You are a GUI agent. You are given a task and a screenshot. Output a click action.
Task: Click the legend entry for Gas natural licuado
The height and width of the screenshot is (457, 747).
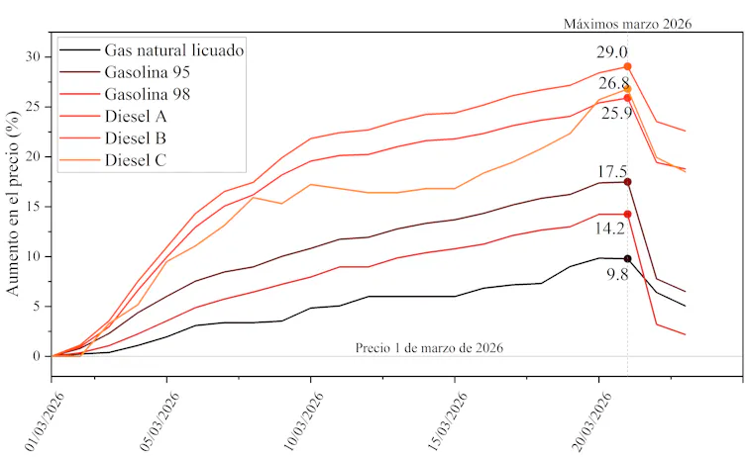pyautogui.click(x=173, y=49)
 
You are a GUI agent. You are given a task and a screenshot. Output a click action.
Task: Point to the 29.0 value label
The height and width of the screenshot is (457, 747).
pyautogui.click(x=612, y=52)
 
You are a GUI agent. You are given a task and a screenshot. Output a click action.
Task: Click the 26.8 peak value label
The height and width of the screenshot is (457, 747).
pyautogui.click(x=614, y=83)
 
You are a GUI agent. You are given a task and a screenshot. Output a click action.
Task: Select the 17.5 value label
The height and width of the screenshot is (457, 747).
pyautogui.click(x=612, y=171)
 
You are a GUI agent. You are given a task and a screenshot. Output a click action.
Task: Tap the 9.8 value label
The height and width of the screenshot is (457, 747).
pyautogui.click(x=617, y=274)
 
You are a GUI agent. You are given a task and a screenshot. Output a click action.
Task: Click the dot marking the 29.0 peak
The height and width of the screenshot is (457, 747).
pyautogui.click(x=628, y=66)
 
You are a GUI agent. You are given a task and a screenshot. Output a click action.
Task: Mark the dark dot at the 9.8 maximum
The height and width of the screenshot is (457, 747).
pyautogui.click(x=628, y=258)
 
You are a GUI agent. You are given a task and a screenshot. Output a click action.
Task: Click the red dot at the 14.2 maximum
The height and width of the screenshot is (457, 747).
pyautogui.click(x=628, y=214)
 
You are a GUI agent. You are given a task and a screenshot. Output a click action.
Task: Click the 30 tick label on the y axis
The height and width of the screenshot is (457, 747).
pyautogui.click(x=36, y=56)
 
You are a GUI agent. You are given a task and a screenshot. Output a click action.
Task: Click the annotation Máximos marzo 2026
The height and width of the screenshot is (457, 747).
pyautogui.click(x=627, y=23)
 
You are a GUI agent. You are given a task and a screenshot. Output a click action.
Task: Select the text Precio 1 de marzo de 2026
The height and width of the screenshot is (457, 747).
pyautogui.click(x=430, y=347)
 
